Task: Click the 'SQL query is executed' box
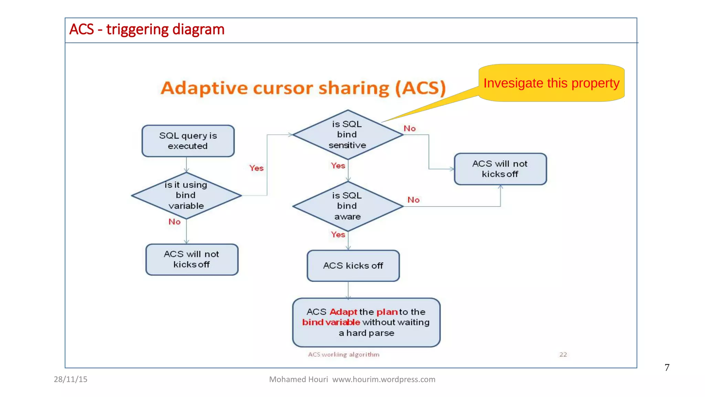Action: click(188, 141)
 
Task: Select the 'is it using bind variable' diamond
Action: click(186, 195)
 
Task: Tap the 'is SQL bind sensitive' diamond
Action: click(347, 135)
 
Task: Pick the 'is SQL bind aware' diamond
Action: click(347, 206)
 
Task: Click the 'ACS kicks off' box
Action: click(353, 266)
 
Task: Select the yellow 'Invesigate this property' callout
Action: click(551, 83)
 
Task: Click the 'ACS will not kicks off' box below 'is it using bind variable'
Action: click(192, 259)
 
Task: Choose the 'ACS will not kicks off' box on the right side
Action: click(500, 169)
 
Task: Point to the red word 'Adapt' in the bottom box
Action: click(343, 312)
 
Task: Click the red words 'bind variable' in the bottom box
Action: click(331, 322)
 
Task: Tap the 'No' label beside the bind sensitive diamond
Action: click(410, 129)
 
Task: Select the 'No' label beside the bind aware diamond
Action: click(413, 200)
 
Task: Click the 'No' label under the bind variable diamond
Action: click(175, 222)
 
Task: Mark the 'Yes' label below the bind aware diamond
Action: click(338, 235)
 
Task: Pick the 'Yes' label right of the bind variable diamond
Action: click(256, 168)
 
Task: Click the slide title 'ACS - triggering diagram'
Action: click(147, 30)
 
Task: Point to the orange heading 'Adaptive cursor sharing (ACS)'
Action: click(303, 88)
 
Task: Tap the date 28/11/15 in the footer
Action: click(71, 379)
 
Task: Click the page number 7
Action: click(667, 367)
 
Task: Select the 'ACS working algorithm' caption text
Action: click(344, 355)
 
